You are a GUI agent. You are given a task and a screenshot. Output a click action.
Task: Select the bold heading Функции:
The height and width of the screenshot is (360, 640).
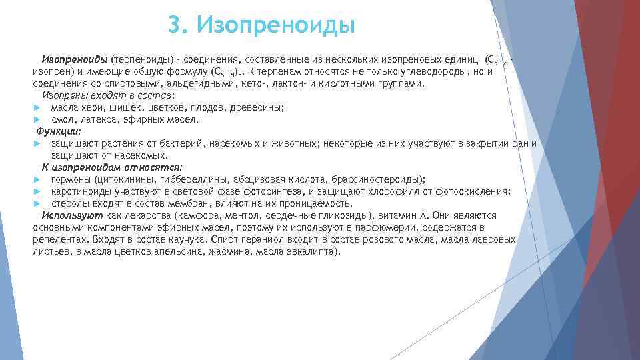[x=58, y=131]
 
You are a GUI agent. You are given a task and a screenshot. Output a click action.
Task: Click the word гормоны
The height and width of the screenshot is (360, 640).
[x=71, y=179]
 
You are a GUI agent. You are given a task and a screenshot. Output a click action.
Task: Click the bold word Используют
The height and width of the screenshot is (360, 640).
[x=71, y=215]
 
